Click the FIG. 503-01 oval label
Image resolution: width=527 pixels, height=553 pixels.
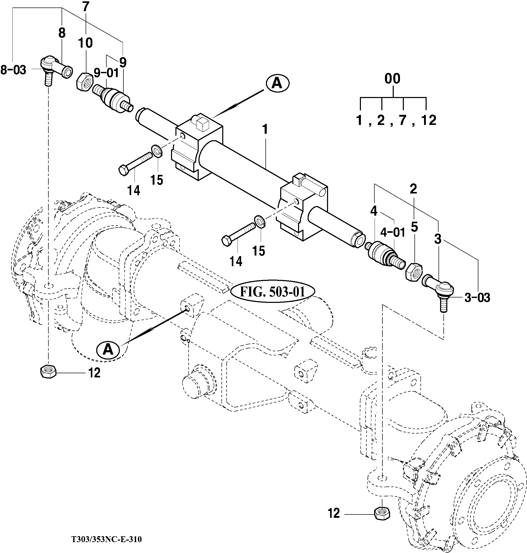[272, 292]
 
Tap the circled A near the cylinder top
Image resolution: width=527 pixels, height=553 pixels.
[277, 83]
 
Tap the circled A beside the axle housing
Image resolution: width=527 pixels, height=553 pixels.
[108, 350]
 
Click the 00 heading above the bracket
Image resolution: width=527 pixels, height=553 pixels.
[392, 79]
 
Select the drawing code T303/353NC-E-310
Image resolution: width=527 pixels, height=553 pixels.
[107, 539]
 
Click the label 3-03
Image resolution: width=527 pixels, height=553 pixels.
[477, 298]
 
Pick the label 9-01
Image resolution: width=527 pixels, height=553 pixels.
[106, 73]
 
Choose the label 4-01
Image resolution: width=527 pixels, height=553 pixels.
[392, 233]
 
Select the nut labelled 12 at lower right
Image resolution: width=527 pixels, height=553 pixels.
[382, 514]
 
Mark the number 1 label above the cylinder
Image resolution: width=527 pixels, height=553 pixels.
[265, 130]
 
